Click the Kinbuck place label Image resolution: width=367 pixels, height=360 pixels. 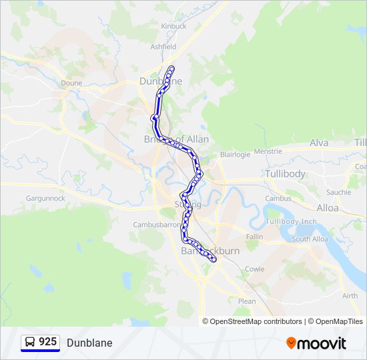pyautogui.click(x=173, y=26)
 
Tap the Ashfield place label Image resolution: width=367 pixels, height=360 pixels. pyautogui.click(x=163, y=47)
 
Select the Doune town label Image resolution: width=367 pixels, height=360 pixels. pyautogui.click(x=71, y=83)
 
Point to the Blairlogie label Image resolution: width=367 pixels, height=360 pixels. pyautogui.click(x=235, y=154)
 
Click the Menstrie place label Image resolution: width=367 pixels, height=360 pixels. pyautogui.click(x=268, y=151)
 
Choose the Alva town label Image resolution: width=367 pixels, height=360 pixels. pyautogui.click(x=319, y=143)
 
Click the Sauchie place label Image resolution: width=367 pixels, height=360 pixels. pyautogui.click(x=338, y=192)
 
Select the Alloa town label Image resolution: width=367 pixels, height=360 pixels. pyautogui.click(x=328, y=208)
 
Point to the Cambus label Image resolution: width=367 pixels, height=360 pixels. pyautogui.click(x=278, y=199)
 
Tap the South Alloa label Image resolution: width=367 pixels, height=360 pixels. pyautogui.click(x=310, y=239)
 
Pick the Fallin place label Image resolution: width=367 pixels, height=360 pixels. pyautogui.click(x=254, y=237)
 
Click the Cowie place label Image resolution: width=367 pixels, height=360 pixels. pyautogui.click(x=255, y=269)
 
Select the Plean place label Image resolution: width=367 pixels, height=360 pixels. pyautogui.click(x=247, y=301)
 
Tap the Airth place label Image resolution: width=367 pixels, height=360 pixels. pyautogui.click(x=350, y=296)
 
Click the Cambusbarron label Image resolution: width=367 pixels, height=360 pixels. pyautogui.click(x=157, y=225)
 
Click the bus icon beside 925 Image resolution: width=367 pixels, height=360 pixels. pyautogui.click(x=31, y=342)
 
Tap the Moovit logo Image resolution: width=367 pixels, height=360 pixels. pyautogui.click(x=316, y=343)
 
